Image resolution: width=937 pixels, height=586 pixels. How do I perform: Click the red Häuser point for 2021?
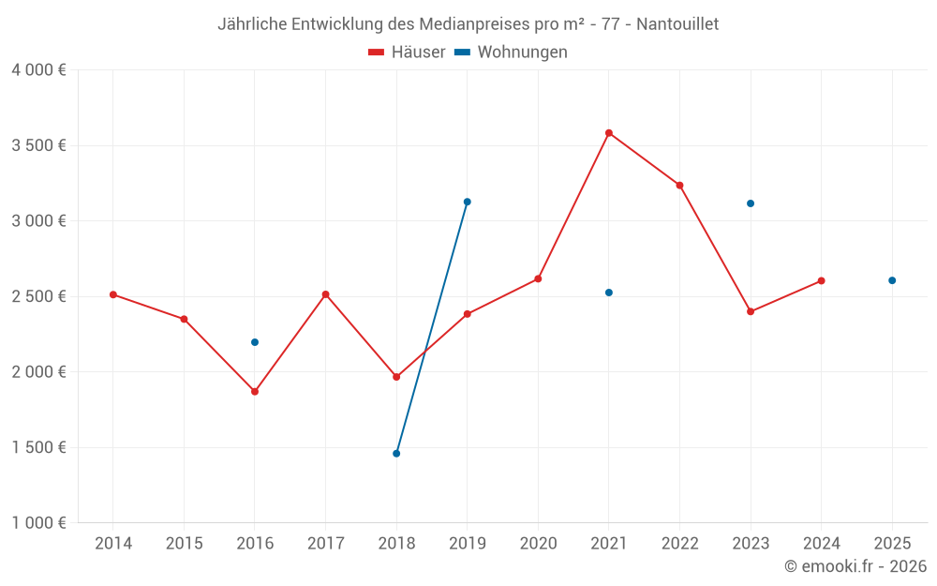coord(609,133)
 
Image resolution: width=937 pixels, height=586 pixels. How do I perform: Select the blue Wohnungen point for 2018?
coord(396,454)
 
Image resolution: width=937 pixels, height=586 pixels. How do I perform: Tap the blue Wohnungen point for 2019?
coord(468,202)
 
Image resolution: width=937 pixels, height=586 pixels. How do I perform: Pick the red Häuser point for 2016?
coord(255,392)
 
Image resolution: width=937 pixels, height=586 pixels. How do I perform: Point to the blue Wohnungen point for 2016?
coord(255,342)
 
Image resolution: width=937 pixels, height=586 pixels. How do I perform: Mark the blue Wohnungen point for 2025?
coord(892,280)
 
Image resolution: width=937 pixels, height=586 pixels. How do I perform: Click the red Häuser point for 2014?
coord(113,294)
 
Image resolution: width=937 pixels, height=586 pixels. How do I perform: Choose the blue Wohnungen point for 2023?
coord(751,203)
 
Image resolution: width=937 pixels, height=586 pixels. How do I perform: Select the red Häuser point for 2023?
coord(751,311)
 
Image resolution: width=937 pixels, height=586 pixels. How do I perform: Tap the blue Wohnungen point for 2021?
coord(609,293)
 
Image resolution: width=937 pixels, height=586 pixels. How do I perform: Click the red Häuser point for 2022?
coord(679,186)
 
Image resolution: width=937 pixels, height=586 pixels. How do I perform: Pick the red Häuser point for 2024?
coord(821,280)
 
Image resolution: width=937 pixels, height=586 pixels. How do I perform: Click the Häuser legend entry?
coord(407,53)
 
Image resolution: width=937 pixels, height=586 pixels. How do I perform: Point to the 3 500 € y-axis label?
coord(39,145)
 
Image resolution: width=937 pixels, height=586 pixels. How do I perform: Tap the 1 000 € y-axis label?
coord(39,523)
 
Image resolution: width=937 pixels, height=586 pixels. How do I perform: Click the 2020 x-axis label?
coord(538,544)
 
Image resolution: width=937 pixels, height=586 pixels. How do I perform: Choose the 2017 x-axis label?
coord(325,544)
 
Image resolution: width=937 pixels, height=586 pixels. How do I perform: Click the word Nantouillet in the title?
coord(677,23)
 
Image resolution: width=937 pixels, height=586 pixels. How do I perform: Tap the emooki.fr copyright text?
coord(855,566)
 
